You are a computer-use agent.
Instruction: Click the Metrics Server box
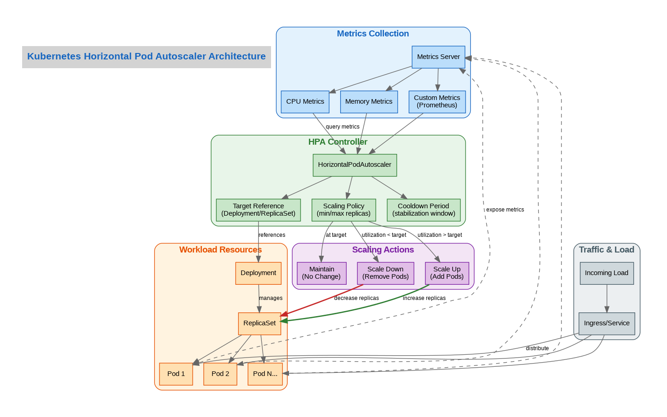point(438,57)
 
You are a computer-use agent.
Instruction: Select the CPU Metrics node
point(305,102)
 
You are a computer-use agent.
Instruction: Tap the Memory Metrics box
point(369,102)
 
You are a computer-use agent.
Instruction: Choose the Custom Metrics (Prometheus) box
point(437,102)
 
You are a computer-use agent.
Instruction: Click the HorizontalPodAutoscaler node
point(354,165)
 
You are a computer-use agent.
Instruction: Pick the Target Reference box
point(258,210)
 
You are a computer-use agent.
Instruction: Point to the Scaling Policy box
point(343,210)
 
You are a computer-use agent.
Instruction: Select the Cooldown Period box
point(424,210)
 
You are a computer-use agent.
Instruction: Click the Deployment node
point(258,273)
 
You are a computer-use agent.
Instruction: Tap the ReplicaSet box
point(260,323)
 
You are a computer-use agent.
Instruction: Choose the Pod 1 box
point(176,374)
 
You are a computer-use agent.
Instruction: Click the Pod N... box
point(265,374)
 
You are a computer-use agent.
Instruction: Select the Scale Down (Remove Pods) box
point(385,273)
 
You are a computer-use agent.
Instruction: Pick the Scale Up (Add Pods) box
point(447,273)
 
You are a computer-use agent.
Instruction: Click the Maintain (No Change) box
point(321,273)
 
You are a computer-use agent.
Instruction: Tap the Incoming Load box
point(607,273)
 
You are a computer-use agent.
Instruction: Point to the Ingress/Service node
point(607,323)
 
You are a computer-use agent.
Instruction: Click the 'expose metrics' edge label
point(505,210)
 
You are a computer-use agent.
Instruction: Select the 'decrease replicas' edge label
point(356,299)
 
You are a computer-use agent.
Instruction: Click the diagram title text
point(147,57)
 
